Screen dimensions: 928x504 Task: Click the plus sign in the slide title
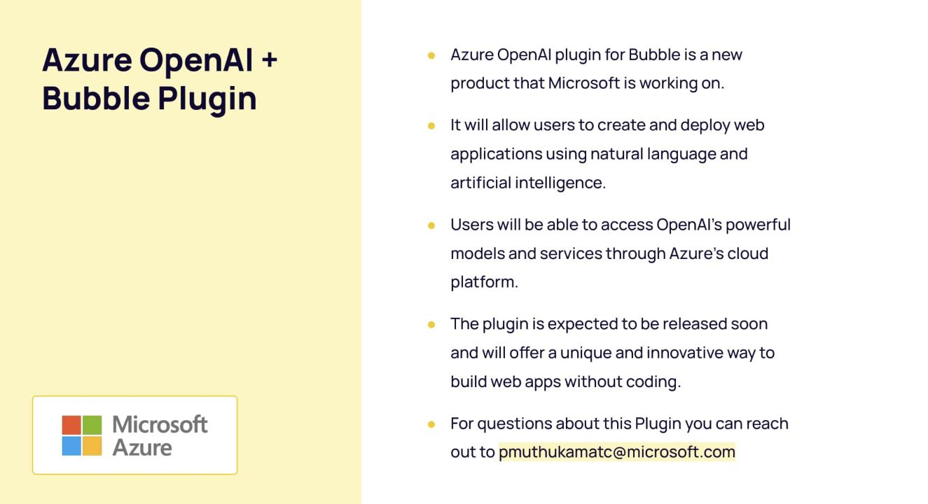point(270,60)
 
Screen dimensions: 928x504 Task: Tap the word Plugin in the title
point(207,99)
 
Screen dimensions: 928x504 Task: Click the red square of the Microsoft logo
point(71,425)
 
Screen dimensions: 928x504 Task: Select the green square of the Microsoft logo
point(92,425)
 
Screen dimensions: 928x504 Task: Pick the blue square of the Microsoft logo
point(71,446)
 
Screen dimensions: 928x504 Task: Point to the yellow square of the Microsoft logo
point(92,446)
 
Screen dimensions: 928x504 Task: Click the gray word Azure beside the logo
point(142,448)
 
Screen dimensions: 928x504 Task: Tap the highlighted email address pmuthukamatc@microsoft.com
point(617,451)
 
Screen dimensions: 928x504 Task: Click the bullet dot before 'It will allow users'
point(431,125)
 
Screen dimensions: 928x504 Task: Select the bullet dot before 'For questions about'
point(431,424)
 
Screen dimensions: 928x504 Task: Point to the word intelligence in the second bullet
point(560,183)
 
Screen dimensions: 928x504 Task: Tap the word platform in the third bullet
point(484,282)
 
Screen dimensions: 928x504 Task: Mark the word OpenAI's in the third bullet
point(689,225)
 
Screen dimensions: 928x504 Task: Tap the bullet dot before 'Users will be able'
point(431,225)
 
